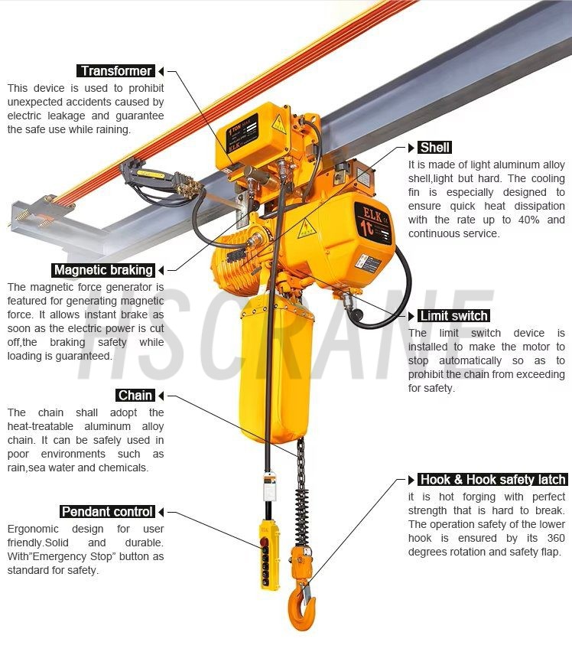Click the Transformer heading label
tap(116, 70)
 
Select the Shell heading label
tap(434, 148)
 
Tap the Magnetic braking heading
tap(103, 270)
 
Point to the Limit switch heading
tap(453, 316)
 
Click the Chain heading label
tap(135, 396)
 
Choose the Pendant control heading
tap(107, 512)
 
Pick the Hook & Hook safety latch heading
tap(492, 480)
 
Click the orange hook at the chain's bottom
tap(301, 606)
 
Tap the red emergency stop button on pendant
tap(264, 543)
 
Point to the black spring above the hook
tap(301, 516)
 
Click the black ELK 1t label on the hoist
tap(373, 223)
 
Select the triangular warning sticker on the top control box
tap(279, 122)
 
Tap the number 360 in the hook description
tap(556, 538)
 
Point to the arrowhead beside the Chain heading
tap(161, 396)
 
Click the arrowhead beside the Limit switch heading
tap(411, 316)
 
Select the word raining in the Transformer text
tap(112, 129)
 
